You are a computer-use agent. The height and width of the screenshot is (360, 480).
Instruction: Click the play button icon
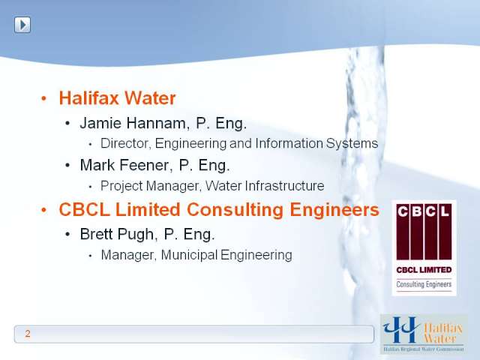coord(22,25)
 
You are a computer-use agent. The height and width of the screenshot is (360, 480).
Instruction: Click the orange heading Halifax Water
coord(117,98)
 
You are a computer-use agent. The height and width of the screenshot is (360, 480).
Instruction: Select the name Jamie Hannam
coord(133,123)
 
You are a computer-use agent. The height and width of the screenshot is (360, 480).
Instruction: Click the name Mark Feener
coord(124,165)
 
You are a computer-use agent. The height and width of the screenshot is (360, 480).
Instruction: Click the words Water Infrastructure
coord(265,186)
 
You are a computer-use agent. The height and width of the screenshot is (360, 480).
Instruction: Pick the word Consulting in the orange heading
coord(235,210)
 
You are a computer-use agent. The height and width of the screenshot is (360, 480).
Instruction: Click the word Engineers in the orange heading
coord(334,210)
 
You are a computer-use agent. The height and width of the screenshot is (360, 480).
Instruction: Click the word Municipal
coord(189,255)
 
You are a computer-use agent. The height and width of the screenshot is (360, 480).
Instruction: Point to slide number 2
coord(28,333)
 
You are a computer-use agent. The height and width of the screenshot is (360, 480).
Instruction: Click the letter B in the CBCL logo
coord(417,211)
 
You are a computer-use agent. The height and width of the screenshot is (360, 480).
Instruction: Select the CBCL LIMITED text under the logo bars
coord(424,270)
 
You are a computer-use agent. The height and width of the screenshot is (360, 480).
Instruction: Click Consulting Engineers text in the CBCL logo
coord(424,284)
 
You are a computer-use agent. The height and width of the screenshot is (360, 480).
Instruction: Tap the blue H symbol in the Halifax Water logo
coord(402,330)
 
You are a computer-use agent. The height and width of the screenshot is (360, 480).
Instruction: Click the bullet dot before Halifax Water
coord(43,98)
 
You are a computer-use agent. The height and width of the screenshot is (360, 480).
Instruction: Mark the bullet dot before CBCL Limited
coord(43,210)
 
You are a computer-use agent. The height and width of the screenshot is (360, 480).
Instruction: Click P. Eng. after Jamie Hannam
coord(221,123)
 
